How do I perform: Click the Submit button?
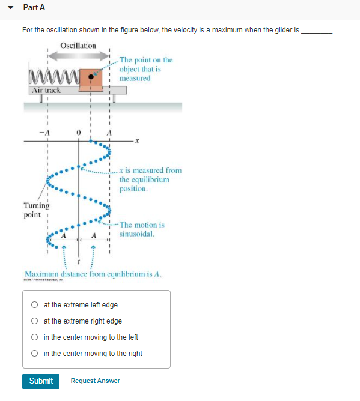click(x=41, y=381)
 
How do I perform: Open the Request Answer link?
click(x=95, y=381)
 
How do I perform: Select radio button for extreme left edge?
click(x=35, y=305)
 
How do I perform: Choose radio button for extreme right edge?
click(x=35, y=321)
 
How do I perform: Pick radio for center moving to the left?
click(x=35, y=337)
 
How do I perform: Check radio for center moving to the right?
click(x=35, y=354)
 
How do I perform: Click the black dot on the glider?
click(x=91, y=77)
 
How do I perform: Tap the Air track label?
click(x=46, y=90)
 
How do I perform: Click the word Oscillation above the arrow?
click(x=78, y=46)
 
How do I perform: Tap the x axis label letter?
click(x=136, y=142)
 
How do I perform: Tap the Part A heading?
click(x=34, y=8)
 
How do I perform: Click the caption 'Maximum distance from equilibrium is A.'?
click(x=93, y=274)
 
